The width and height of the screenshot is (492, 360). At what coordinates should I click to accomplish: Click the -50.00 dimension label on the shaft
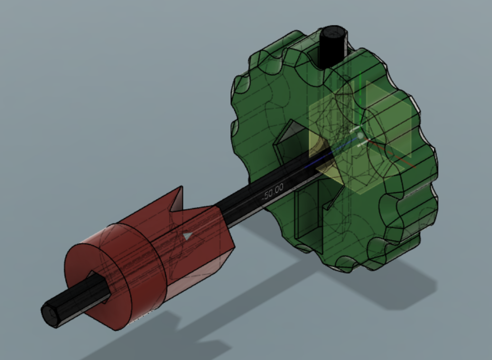(x=273, y=192)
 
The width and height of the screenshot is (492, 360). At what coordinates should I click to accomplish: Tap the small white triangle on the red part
(x=188, y=236)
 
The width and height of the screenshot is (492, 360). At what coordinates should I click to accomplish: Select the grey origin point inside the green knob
(x=361, y=136)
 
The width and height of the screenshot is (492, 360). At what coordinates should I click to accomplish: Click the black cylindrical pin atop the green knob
(x=333, y=46)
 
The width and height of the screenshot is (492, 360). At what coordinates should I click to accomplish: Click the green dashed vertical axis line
(x=361, y=94)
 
